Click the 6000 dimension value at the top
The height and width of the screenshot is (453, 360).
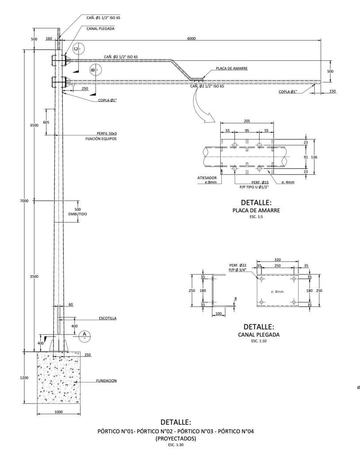pos(191,38)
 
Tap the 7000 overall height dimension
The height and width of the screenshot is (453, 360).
pos(25,201)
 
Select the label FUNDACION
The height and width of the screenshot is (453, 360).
pos(106,381)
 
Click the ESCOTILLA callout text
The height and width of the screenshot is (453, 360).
pos(108,319)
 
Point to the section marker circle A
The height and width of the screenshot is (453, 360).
pos(84,335)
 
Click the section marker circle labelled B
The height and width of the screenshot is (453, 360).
pos(96,69)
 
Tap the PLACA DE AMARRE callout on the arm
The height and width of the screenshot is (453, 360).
pos(232,69)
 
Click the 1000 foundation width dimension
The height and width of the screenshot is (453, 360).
pos(59,412)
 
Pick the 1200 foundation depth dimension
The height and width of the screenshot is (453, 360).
pos(25,378)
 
